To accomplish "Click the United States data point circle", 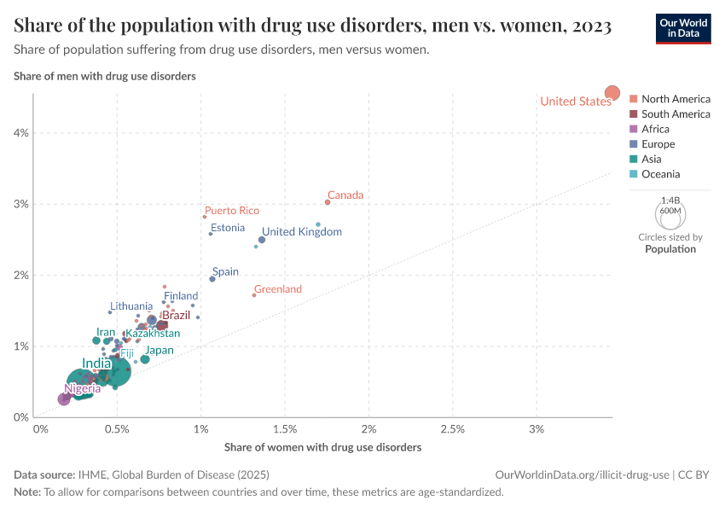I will point(612,92).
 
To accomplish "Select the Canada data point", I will point(328,202).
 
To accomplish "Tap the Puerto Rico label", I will point(232,211).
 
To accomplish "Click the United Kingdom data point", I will point(262,240).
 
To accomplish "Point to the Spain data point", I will point(212,279).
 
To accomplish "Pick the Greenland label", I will point(278,289).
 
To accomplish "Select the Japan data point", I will point(145,359).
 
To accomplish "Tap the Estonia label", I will point(228,228).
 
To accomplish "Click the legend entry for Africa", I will point(661,129).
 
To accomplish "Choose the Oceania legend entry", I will point(661,174).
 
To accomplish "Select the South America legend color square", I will point(634,113).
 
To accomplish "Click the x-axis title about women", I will point(322,447).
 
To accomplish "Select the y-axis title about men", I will point(105,76).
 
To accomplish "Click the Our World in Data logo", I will point(683,27).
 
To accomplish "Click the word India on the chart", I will point(96,364).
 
